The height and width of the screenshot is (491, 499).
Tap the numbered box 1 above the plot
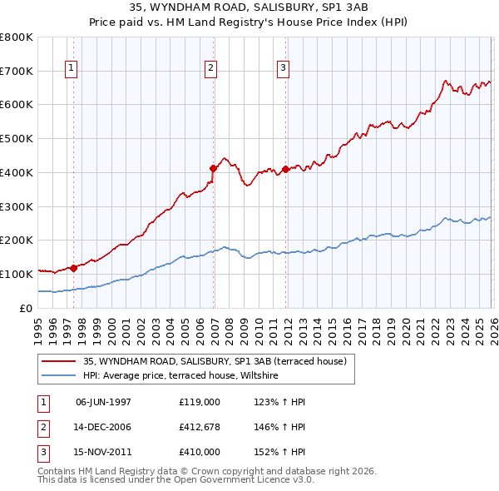tap(72, 68)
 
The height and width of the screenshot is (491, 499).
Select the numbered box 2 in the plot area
tap(211, 68)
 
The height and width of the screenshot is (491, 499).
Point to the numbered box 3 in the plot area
tap(284, 68)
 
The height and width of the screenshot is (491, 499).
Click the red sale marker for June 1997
tap(74, 268)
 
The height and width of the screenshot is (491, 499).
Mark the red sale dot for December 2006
tap(214, 168)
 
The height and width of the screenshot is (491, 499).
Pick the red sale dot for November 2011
tap(285, 169)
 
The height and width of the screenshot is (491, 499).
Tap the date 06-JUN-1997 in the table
tap(103, 402)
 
